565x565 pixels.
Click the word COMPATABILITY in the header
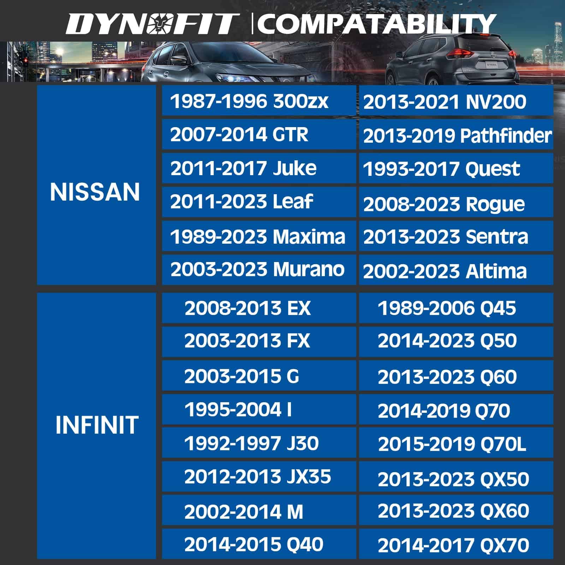point(377,24)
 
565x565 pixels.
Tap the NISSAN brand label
point(95,192)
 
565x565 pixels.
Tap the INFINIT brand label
point(96,424)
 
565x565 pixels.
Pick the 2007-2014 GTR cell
point(259,134)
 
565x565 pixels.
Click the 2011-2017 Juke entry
point(259,168)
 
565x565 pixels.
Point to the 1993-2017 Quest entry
point(456,168)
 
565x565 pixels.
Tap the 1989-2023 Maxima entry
point(259,236)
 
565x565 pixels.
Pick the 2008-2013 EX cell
point(259,308)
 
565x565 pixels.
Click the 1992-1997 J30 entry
point(259,443)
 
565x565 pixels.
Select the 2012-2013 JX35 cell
point(259,476)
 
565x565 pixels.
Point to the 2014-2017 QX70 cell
point(456,544)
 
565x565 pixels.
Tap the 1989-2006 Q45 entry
point(456,308)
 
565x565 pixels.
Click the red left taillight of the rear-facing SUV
point(459,54)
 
